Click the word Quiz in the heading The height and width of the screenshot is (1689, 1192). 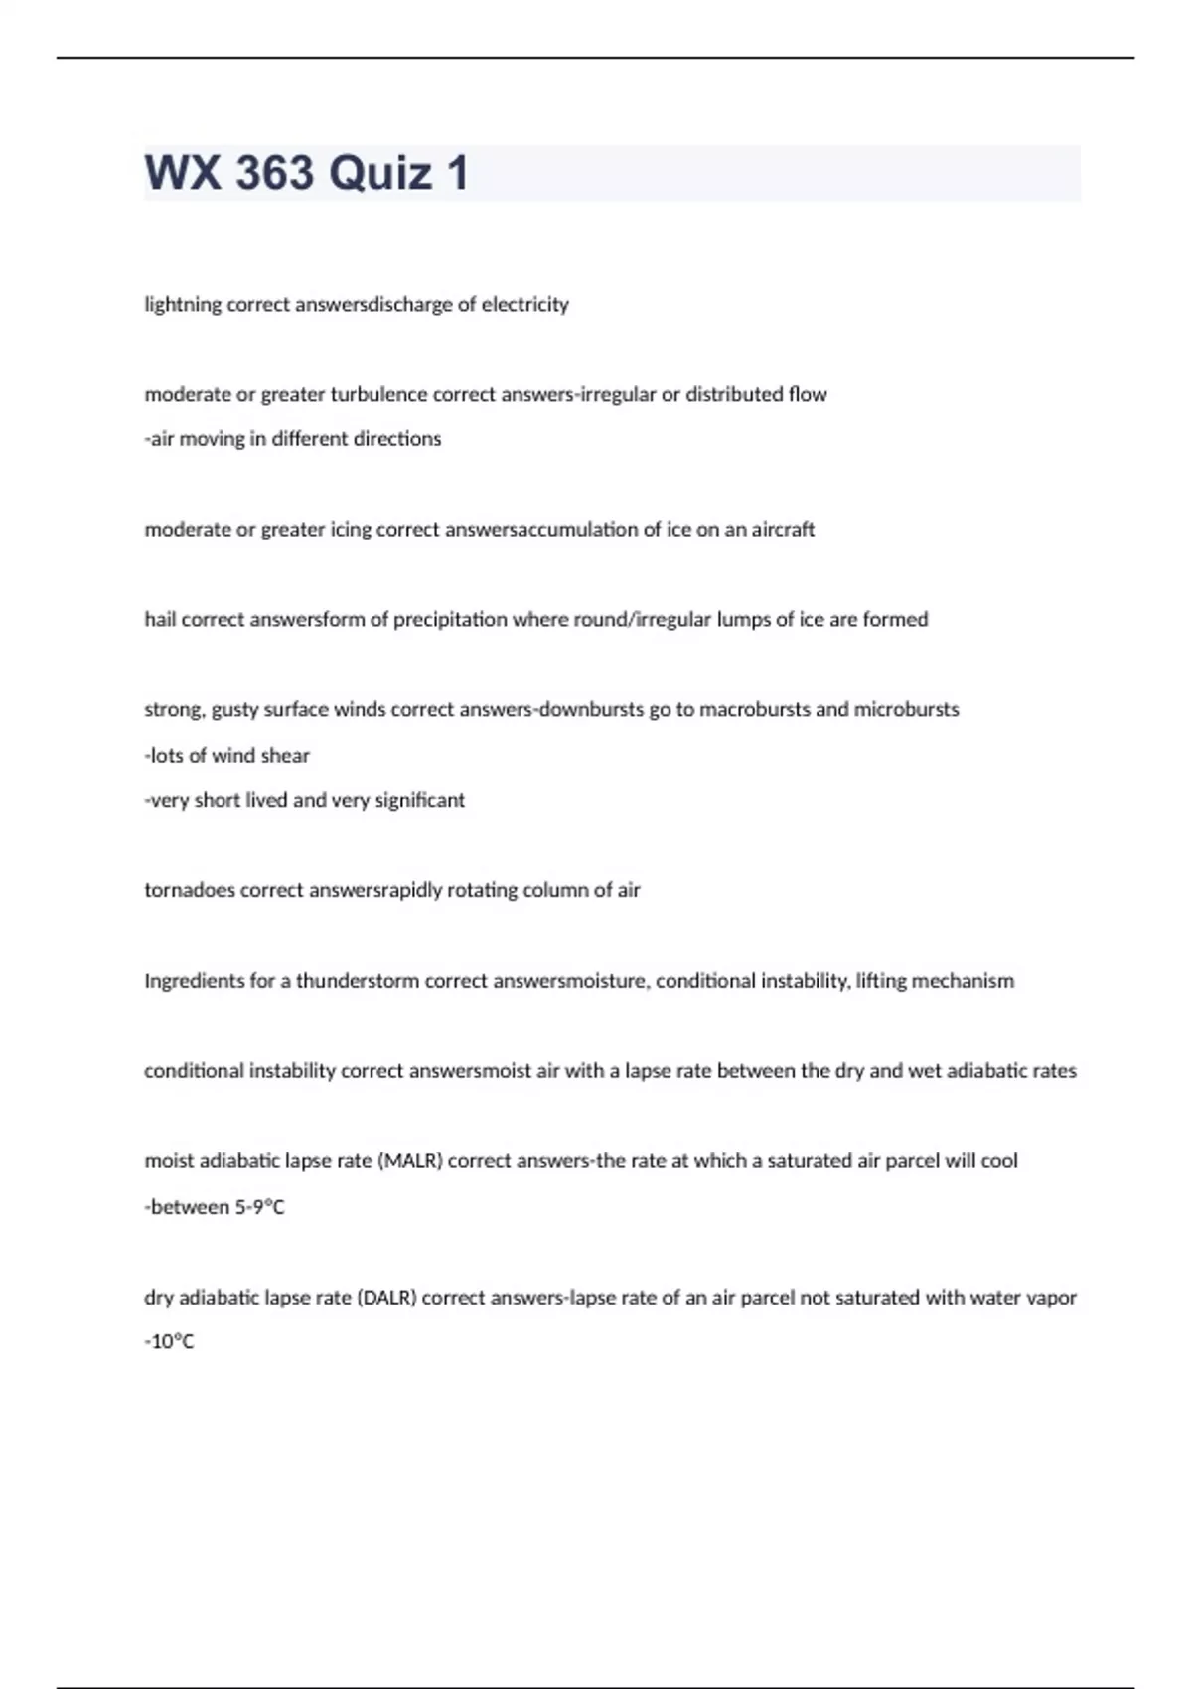click(x=380, y=173)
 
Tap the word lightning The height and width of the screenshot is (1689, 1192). click(x=183, y=305)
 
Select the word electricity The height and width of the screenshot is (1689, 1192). click(x=525, y=305)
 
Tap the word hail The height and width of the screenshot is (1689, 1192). click(x=160, y=620)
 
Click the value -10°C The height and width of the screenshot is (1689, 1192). click(x=170, y=1342)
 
